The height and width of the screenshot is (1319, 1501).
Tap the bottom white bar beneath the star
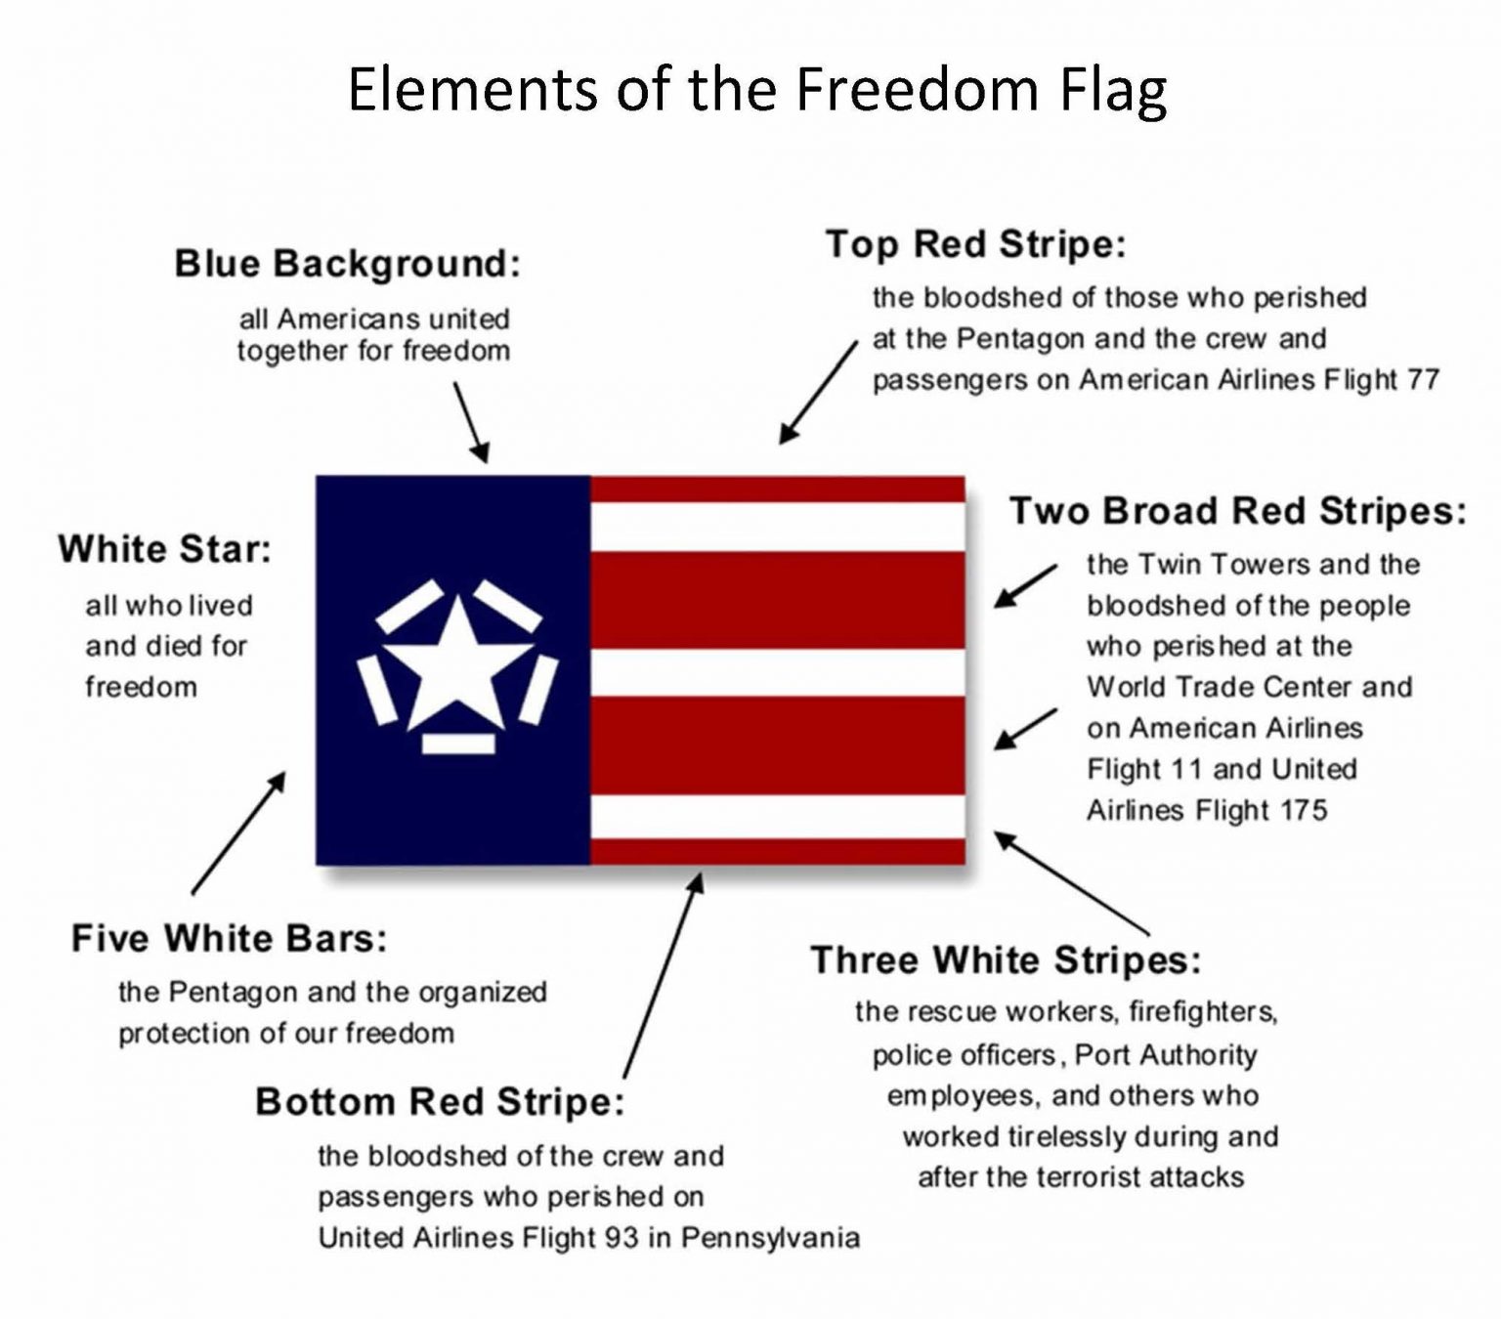pyautogui.click(x=458, y=744)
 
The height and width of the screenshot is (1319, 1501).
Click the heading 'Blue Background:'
pyautogui.click(x=347, y=264)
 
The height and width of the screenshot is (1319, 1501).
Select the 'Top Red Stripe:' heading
pyautogui.click(x=975, y=244)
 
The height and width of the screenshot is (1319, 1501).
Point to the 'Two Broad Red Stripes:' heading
pyautogui.click(x=1237, y=511)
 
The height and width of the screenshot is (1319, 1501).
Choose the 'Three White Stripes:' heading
pyautogui.click(x=1006, y=959)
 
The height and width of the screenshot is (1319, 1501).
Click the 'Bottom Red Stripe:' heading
pyautogui.click(x=440, y=1102)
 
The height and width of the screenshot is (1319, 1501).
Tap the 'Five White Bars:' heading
pyautogui.click(x=230, y=939)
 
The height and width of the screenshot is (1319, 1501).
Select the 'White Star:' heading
pyautogui.click(x=164, y=549)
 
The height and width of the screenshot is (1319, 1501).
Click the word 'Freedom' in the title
pyautogui.click(x=916, y=89)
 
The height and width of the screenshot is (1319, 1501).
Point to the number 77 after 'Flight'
pyautogui.click(x=1424, y=379)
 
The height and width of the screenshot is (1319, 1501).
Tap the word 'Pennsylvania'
pyautogui.click(x=770, y=1238)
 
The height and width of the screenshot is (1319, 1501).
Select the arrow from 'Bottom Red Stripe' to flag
pyautogui.click(x=663, y=975)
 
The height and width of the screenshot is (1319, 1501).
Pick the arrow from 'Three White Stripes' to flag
pyautogui.click(x=1071, y=883)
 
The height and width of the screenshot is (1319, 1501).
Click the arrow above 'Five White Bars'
pyautogui.click(x=238, y=832)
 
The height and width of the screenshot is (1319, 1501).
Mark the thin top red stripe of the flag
pyautogui.click(x=778, y=489)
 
